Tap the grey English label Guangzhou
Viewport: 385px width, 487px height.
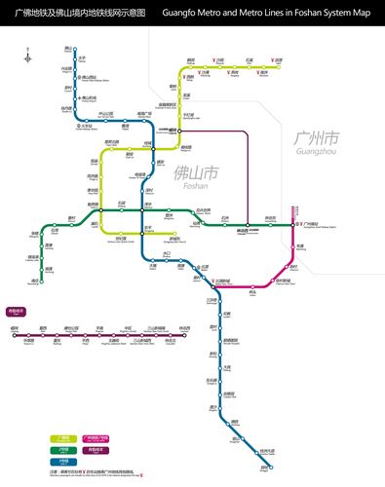click(x=314, y=152)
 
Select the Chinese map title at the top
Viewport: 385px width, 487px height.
click(x=80, y=14)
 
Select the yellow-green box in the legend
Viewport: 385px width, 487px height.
click(x=63, y=438)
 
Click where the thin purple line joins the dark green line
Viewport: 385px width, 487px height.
click(x=248, y=225)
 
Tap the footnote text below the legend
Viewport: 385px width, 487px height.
click(x=97, y=472)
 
